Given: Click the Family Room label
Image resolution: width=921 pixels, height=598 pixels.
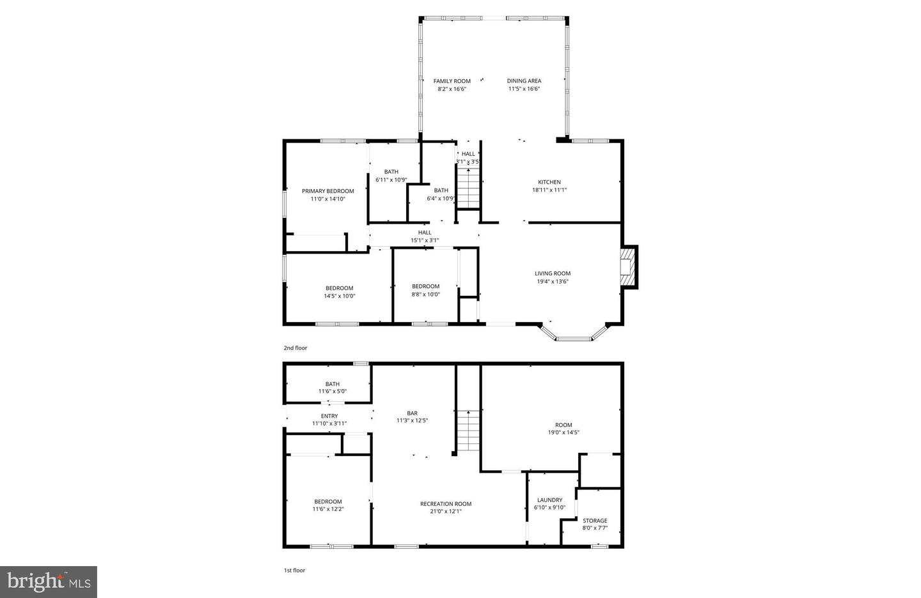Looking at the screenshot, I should tap(452, 81).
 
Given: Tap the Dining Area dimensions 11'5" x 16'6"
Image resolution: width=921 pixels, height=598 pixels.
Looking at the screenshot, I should tap(524, 89).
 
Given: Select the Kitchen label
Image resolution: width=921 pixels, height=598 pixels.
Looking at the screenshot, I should tap(549, 182).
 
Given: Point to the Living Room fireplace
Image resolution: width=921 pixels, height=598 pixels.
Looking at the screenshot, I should tap(628, 266).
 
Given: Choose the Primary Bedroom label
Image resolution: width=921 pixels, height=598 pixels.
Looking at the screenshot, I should tap(327, 191).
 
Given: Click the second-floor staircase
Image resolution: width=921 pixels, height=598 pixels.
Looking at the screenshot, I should tap(469, 187).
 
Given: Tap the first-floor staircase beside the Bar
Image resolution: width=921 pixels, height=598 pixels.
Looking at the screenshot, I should tap(468, 431).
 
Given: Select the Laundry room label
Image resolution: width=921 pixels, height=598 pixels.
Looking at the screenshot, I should tap(549, 500).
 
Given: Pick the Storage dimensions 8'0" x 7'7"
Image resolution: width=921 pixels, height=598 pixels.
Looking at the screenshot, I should tap(594, 528).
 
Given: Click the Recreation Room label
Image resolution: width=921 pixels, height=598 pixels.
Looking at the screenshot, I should tap(446, 504).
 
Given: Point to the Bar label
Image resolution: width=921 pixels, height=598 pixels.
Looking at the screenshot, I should tap(412, 413).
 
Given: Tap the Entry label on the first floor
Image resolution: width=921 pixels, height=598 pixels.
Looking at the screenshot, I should tap(329, 416).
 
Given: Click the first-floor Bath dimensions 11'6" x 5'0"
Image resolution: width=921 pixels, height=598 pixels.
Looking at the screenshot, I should tap(332, 392).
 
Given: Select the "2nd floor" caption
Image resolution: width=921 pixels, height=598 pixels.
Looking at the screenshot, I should tap(295, 348).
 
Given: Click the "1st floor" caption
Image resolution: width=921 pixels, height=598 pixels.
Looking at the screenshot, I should tap(295, 571).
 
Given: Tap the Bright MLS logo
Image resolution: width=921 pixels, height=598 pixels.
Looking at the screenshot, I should tap(49, 582).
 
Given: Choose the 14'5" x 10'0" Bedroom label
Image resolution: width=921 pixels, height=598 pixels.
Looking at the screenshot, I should tap(339, 288).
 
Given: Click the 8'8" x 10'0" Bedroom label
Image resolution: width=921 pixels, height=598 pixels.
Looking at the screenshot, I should tap(425, 286).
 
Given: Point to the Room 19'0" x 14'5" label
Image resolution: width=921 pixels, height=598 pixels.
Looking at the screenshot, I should tap(563, 425).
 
